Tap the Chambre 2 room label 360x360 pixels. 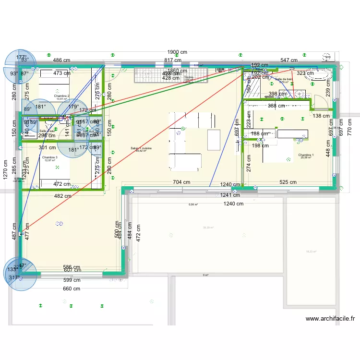coord(61,96)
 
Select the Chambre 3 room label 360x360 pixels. coord(49,158)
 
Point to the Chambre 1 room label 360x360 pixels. coord(306,155)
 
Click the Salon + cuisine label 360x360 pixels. coord(141,148)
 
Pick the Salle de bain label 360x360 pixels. coord(284,79)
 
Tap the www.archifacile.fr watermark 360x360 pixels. coord(330,318)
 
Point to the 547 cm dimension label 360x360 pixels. coord(289,60)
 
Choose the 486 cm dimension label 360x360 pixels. coord(61,60)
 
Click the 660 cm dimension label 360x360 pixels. coord(72,288)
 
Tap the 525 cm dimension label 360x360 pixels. coord(288,182)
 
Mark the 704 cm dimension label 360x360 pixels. coord(182,182)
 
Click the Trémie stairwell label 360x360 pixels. coord(189,77)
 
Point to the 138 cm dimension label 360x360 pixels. coord(321,116)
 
